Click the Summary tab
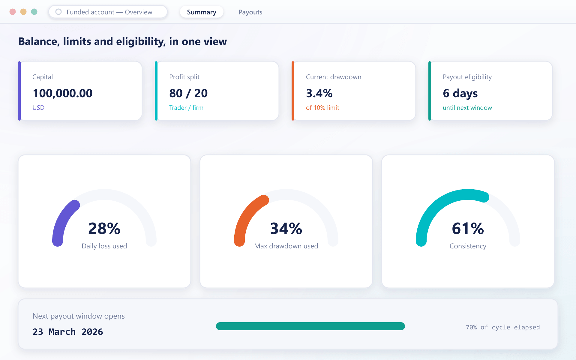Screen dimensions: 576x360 pos(202,12)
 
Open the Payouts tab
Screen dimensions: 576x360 pos(250,12)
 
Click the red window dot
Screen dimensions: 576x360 pos(13,12)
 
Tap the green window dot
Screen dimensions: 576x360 pos(34,12)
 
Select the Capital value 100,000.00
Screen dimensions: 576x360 pos(62,93)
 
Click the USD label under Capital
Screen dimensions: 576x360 pos(38,108)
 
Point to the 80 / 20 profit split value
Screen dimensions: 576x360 pos(188,93)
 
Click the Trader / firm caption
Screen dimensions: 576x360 pos(186,108)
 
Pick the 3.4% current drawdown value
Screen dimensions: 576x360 pos(319,93)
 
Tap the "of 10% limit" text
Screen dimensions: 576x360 pos(322,108)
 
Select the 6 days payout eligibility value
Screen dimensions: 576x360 pos(460,94)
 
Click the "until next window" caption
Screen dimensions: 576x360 pos(467,108)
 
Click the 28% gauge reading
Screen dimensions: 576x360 pos(104,229)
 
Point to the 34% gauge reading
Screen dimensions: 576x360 pos(286,229)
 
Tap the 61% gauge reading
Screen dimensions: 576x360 pos(468,229)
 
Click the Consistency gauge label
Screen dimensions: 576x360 pos(468,246)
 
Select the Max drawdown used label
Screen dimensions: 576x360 pos(286,246)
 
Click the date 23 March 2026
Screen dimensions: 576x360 pos(68,332)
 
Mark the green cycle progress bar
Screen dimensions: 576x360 pos(310,326)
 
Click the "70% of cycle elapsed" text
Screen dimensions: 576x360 pos(503,327)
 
